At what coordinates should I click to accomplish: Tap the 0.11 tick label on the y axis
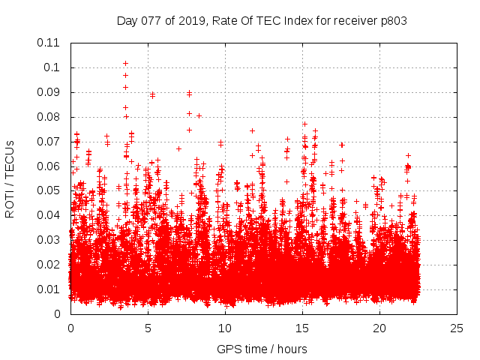(x=49, y=43)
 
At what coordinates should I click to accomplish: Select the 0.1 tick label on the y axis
(x=52, y=67)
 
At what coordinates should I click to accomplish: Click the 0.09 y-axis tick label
(x=49, y=92)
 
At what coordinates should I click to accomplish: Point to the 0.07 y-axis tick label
(x=49, y=141)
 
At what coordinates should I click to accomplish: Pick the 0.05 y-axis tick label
(x=49, y=190)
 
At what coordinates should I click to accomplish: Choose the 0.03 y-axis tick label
(x=49, y=240)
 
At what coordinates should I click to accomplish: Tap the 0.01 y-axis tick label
(x=49, y=289)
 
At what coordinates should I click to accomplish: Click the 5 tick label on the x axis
(x=148, y=328)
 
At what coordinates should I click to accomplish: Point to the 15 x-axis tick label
(x=302, y=328)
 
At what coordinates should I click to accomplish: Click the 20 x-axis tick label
(x=379, y=328)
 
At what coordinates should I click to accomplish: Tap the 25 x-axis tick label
(x=457, y=328)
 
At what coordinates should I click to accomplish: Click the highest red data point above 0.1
(x=125, y=63)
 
